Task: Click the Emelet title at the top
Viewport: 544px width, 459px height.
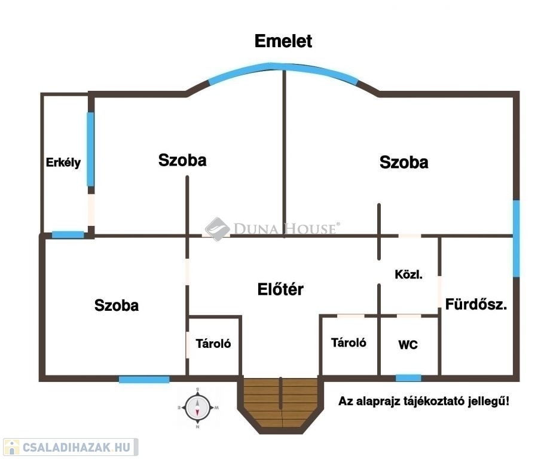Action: [x=283, y=41]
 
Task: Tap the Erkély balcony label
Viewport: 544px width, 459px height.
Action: [x=63, y=163]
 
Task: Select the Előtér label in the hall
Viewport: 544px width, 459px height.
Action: [x=280, y=289]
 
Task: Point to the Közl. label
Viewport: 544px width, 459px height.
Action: [x=408, y=274]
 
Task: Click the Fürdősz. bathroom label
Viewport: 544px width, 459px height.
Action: [x=476, y=304]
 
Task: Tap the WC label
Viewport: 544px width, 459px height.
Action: [x=408, y=345]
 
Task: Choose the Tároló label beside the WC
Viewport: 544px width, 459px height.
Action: [x=349, y=343]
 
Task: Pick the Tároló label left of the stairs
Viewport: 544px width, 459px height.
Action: [x=213, y=344]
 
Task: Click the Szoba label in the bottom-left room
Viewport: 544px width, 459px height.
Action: [x=117, y=305]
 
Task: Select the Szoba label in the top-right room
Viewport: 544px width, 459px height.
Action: [x=404, y=162]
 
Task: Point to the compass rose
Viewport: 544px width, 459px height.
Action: [x=197, y=408]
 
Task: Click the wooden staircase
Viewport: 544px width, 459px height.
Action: [x=281, y=403]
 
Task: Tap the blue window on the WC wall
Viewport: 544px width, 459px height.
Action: [x=408, y=378]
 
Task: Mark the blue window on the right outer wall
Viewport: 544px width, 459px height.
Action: [x=517, y=238]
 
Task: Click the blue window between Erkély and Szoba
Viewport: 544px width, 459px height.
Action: [x=90, y=149]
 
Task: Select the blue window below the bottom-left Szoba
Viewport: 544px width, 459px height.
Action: [x=144, y=380]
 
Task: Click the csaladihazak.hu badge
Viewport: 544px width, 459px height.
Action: [x=71, y=447]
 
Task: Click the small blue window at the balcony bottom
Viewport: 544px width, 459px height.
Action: [x=68, y=235]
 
